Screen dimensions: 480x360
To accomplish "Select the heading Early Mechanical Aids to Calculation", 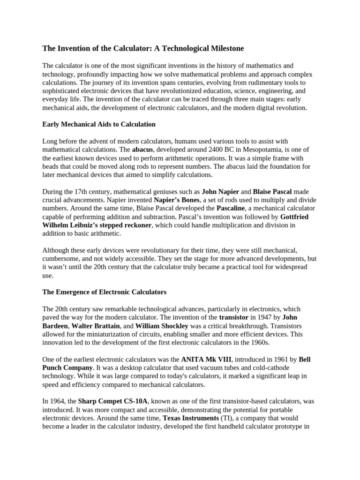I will (x=99, y=124).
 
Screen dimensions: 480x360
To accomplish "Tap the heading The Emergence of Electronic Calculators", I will (x=105, y=292).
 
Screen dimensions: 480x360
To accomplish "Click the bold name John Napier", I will (x=220, y=192).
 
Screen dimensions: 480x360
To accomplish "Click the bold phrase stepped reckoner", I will (x=126, y=225).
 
